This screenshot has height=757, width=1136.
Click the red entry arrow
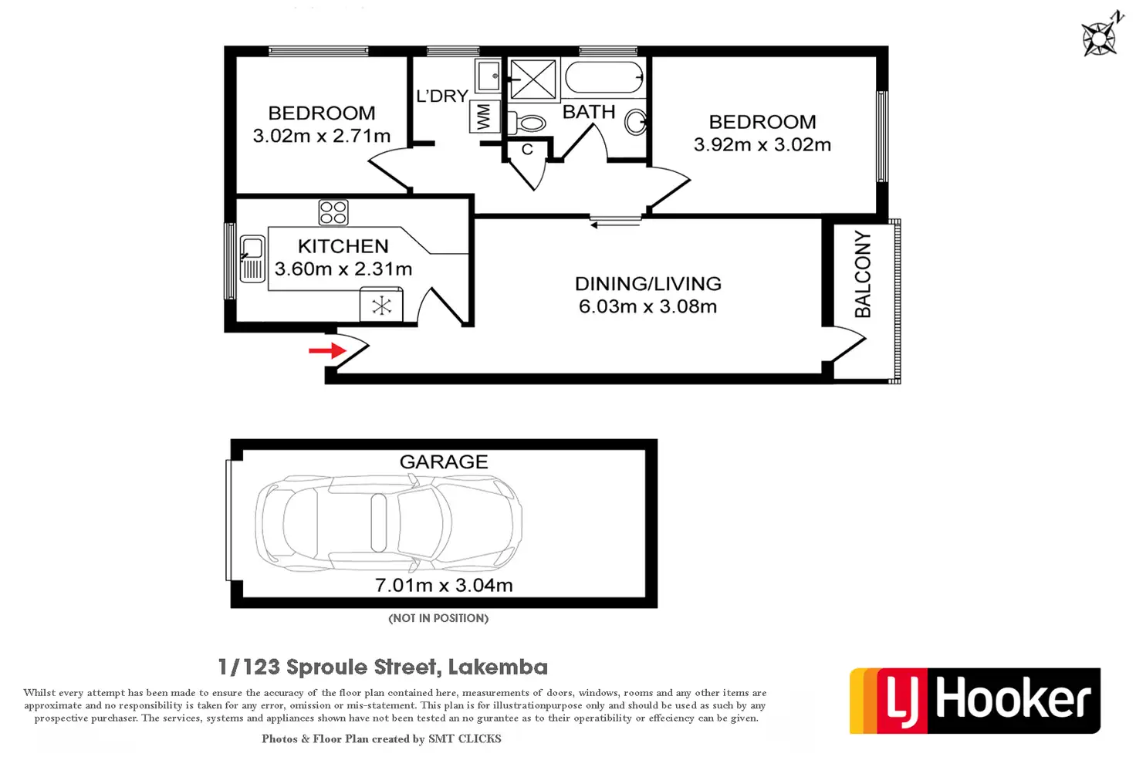click(x=326, y=351)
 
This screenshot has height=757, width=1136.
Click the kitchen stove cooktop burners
click(x=333, y=212)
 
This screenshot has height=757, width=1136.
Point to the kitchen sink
click(x=252, y=259)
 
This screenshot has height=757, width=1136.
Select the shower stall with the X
click(x=532, y=79)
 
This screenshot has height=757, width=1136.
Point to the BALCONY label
click(x=863, y=274)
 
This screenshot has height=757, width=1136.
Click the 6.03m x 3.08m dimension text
click(x=647, y=306)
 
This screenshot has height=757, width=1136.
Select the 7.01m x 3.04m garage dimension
click(x=444, y=585)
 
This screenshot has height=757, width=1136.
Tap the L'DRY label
click(x=442, y=96)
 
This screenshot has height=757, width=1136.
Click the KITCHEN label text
click(x=343, y=246)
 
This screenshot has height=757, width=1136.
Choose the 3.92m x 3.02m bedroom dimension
click(x=762, y=144)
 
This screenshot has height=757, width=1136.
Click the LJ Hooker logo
click(x=975, y=700)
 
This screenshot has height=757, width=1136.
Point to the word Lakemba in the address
click(x=498, y=667)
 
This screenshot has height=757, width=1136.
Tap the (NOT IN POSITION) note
click(x=438, y=618)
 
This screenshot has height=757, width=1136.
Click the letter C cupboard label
click(x=527, y=150)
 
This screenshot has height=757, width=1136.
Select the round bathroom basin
click(x=635, y=122)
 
